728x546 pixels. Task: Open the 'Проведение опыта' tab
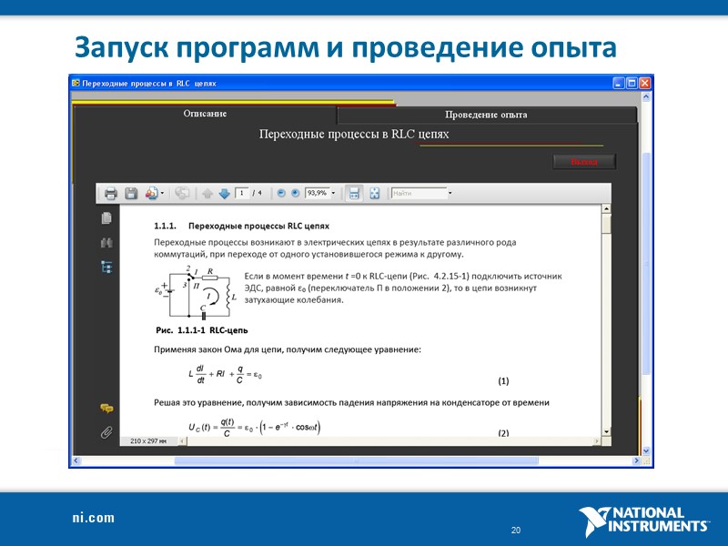tap(486, 115)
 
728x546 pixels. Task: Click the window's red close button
tap(645, 83)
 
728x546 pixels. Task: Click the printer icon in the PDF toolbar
tap(111, 193)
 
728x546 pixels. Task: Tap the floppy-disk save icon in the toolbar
tap(131, 193)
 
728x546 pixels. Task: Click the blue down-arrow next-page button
tap(225, 193)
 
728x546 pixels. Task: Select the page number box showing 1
tap(242, 193)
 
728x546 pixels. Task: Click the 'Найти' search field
tap(418, 193)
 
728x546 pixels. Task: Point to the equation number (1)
tap(503, 380)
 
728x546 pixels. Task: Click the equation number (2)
tap(503, 433)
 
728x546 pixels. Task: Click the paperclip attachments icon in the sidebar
tap(106, 432)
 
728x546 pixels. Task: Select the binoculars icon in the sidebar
tap(106, 243)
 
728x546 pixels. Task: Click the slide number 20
tap(516, 531)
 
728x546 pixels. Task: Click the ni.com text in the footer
tap(94, 518)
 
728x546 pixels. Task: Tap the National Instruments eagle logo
tap(596, 521)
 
